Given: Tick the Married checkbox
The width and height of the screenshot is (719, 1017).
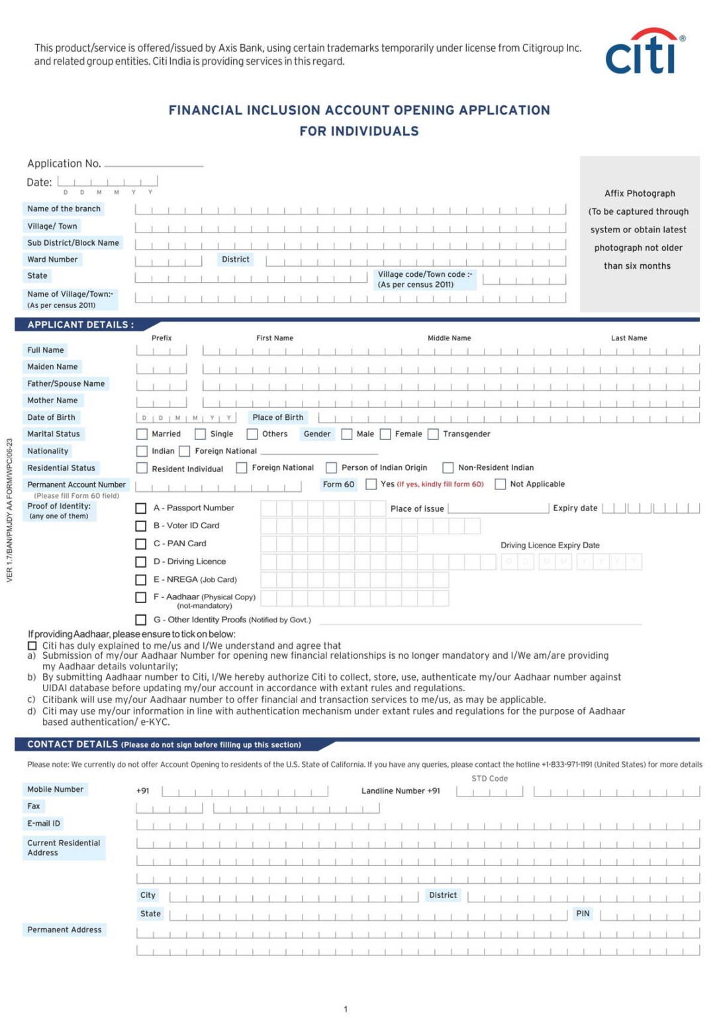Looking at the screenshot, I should point(142,434).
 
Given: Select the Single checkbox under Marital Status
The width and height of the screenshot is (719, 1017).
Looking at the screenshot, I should point(200,434).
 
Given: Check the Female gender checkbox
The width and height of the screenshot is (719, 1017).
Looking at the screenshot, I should point(385,434).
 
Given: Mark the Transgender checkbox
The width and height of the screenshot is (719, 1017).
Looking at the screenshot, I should point(433,434).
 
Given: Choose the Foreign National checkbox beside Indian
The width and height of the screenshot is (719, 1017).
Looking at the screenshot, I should point(185,452).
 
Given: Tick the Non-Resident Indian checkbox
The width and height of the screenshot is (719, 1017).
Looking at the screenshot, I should point(448,468).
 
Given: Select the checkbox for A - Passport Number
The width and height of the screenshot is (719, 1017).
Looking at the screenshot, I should point(140,508).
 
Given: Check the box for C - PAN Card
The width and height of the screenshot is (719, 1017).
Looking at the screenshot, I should point(140,544).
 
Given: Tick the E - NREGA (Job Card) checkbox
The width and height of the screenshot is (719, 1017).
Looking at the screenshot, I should point(140,580).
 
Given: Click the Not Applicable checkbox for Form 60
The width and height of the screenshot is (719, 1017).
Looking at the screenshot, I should point(501,485).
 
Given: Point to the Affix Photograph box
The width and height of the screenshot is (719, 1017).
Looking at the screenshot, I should point(639,233).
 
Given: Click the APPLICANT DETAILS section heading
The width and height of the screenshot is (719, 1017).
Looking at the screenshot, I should point(80,324).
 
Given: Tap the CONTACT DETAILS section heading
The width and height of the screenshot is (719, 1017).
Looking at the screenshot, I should point(73,744).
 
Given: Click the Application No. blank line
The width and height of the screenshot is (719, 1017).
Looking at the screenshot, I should point(154,164).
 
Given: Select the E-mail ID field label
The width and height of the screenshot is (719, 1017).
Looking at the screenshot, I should point(44,824).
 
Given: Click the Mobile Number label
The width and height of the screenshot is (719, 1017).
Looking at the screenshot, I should point(56,789).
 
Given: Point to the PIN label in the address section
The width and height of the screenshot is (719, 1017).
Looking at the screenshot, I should point(583,914).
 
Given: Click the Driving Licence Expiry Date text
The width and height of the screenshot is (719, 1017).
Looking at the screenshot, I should point(550,546).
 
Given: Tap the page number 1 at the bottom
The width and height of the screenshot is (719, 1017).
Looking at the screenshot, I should point(346,1009).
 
